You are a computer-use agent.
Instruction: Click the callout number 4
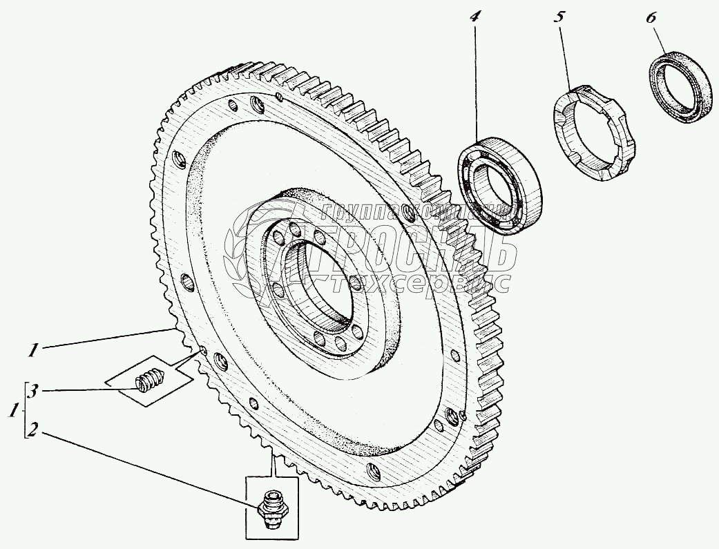474,17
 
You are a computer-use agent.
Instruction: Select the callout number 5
558,17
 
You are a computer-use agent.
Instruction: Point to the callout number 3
32,392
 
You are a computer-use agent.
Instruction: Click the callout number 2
32,434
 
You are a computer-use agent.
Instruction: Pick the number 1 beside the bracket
12,412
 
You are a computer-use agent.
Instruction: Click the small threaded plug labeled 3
147,381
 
